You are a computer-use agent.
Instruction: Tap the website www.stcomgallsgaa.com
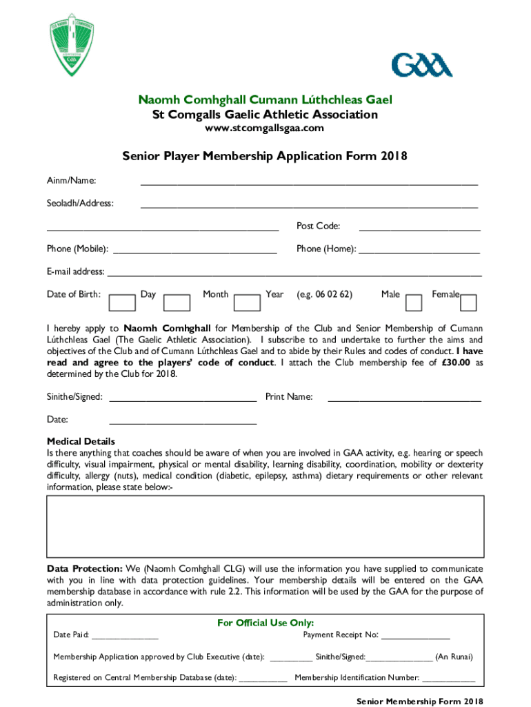click(265, 128)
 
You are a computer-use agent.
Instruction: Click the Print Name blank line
click(404, 398)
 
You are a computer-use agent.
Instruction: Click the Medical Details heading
click(81, 441)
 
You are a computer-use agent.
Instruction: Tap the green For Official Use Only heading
click(265, 623)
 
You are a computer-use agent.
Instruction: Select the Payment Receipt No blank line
click(415, 637)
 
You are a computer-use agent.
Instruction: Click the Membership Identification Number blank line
click(448, 679)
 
